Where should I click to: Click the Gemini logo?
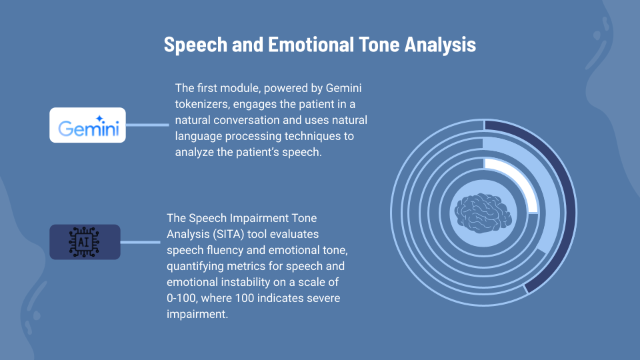(88, 125)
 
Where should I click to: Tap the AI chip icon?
(85, 242)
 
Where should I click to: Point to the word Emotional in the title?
(309, 45)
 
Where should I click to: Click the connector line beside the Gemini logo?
(147, 125)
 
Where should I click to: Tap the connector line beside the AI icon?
(141, 242)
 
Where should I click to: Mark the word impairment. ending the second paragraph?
(197, 314)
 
